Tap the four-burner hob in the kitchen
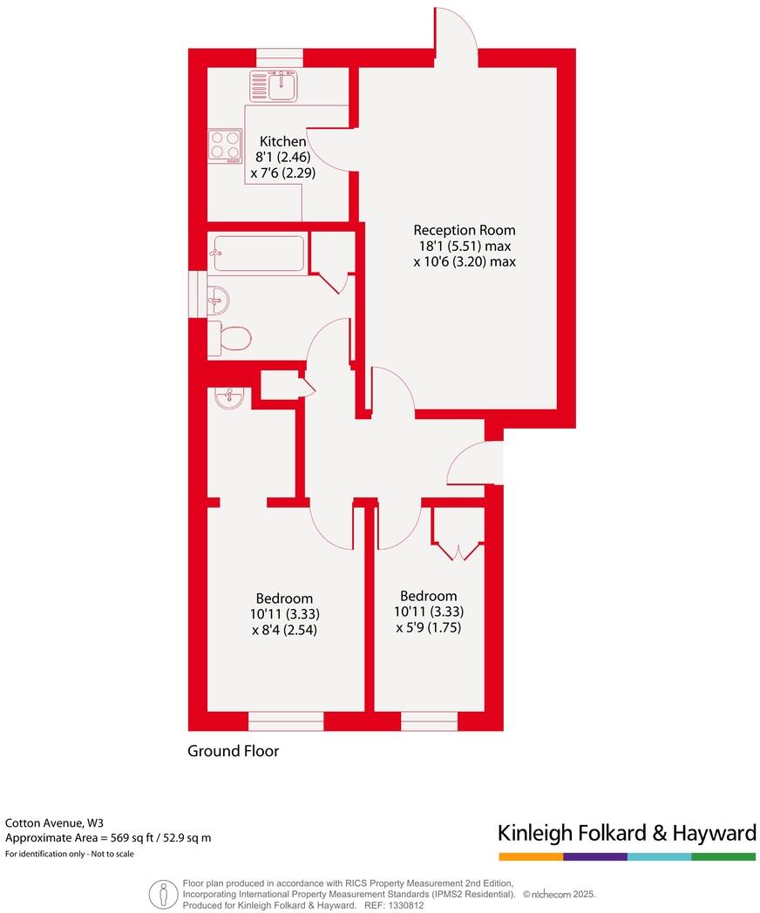[225, 145]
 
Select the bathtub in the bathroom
[257, 254]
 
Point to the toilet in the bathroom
[233, 337]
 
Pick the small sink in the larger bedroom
[230, 398]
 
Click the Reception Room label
[464, 230]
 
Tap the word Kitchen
[282, 141]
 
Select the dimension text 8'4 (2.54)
[283, 629]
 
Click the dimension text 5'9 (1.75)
[428, 627]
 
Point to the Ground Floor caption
[234, 750]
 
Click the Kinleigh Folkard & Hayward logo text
[626, 833]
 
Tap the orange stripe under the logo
[530, 857]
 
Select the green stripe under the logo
[723, 857]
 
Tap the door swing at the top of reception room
[456, 30]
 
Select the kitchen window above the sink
[280, 57]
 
